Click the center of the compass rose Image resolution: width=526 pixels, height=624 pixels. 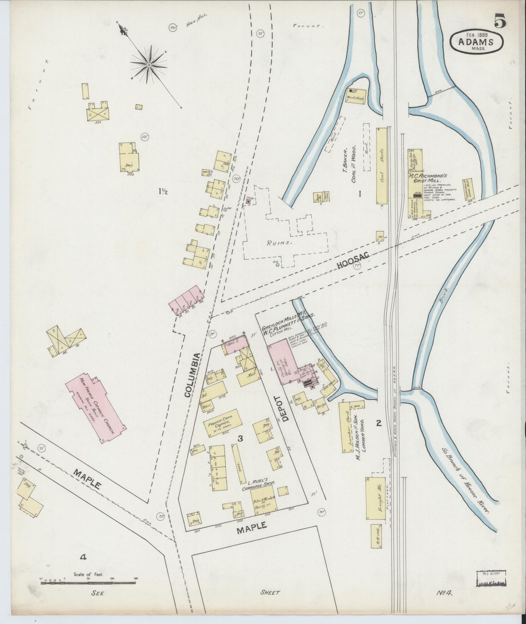point(149,65)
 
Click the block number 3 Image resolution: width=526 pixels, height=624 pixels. point(240,439)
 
